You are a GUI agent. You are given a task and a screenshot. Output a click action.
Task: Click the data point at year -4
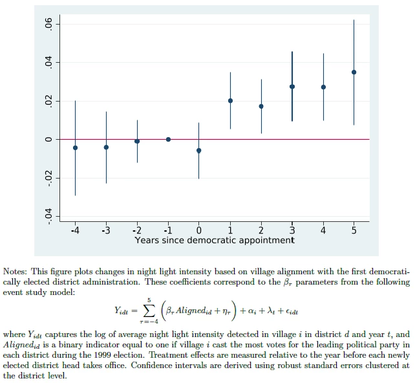(x=75, y=148)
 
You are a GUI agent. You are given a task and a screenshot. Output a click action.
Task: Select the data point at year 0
(x=198, y=150)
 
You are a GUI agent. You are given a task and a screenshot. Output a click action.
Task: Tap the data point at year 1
(x=230, y=100)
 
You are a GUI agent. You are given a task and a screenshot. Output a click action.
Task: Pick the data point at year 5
(x=354, y=72)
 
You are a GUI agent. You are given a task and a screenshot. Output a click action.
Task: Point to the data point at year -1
(x=168, y=139)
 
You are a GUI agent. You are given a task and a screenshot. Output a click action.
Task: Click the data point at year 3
(x=292, y=86)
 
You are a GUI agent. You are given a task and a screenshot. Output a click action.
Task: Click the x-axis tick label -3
(x=105, y=231)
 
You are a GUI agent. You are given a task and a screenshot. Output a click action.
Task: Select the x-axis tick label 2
(x=261, y=231)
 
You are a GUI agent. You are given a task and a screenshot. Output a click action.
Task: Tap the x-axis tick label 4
(x=323, y=231)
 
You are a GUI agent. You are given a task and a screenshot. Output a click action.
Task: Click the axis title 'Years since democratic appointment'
(x=214, y=241)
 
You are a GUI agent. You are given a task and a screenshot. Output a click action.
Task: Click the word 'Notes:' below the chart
(x=16, y=272)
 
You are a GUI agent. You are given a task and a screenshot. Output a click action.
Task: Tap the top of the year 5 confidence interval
(x=354, y=20)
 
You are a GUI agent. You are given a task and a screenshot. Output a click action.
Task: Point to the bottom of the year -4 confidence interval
(x=75, y=195)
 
